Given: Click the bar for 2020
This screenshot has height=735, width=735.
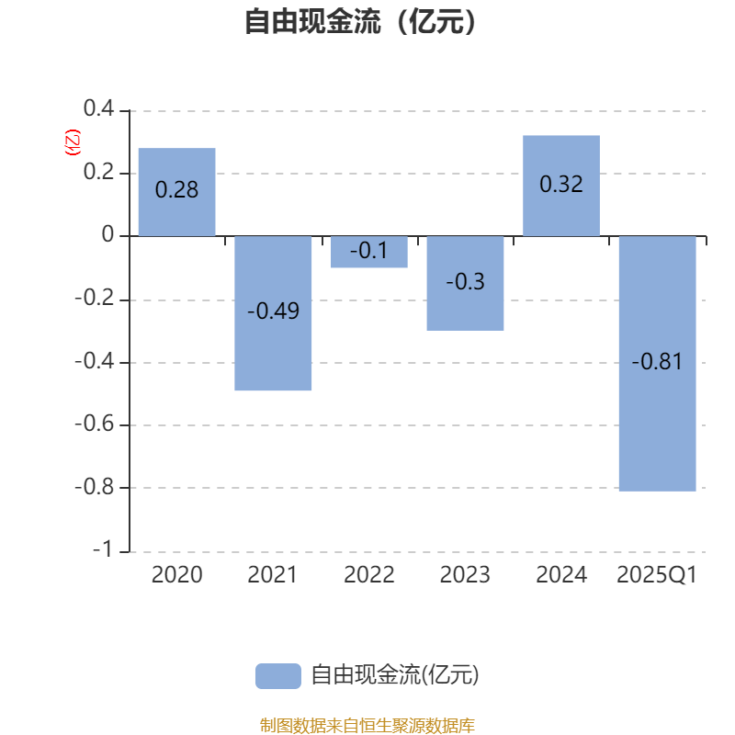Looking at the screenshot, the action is [176, 192].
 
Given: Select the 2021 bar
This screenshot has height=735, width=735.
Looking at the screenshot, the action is [273, 313].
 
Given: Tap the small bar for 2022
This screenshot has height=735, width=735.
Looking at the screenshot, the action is [369, 252].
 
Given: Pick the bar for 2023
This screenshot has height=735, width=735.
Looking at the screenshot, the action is [465, 283].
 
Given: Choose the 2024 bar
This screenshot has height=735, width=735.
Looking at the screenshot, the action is [561, 186].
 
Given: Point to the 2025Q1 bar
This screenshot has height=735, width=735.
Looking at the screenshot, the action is [657, 363].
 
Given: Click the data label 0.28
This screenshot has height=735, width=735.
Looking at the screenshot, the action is [176, 190].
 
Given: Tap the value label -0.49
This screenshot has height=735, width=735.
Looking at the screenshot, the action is [273, 311].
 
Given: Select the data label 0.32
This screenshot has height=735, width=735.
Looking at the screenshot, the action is [561, 184].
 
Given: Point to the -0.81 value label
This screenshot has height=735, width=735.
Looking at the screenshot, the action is [657, 361].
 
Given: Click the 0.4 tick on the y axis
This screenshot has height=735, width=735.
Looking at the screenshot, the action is [99, 108].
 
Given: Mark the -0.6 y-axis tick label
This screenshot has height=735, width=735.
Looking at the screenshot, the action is [95, 424].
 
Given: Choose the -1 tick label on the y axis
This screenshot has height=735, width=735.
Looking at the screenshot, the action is [102, 548].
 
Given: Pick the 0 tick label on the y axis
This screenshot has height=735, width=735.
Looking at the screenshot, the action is [107, 234].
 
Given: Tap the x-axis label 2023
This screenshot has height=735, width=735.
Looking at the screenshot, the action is [465, 575].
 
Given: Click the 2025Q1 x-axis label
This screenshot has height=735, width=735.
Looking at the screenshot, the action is [657, 575].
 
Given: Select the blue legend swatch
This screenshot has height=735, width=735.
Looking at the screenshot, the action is [278, 676].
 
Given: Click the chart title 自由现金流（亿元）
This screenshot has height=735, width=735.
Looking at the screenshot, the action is [360, 21].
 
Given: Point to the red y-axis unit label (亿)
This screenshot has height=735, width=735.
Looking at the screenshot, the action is [73, 142].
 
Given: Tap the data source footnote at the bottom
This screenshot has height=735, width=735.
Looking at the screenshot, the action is [367, 726].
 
